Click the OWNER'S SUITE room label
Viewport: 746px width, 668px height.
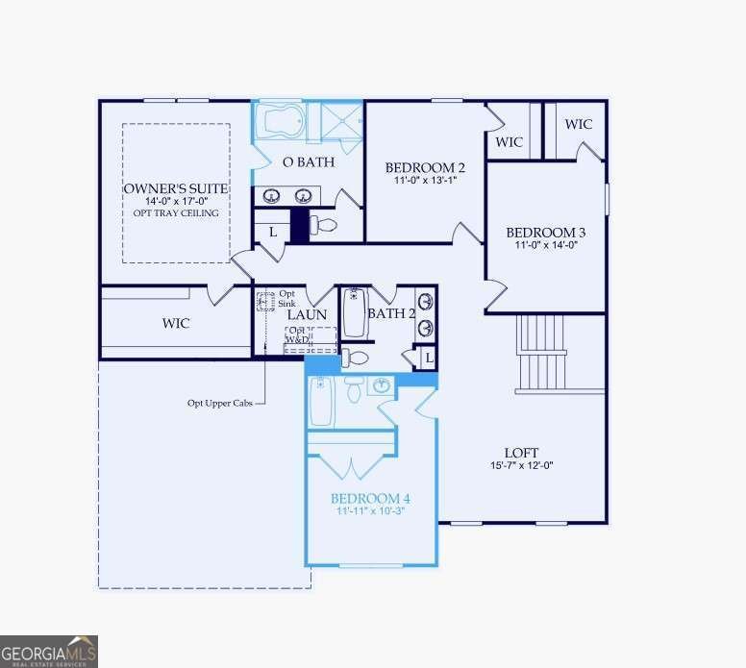click(x=176, y=188)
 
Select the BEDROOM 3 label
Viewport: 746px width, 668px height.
click(x=545, y=233)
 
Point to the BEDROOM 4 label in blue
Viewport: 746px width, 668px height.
click(x=370, y=498)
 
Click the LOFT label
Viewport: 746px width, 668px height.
click(x=521, y=452)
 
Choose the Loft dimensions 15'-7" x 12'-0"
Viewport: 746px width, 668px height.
click(x=521, y=466)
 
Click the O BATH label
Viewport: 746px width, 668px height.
click(x=308, y=161)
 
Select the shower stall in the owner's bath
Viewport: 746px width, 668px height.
click(x=335, y=122)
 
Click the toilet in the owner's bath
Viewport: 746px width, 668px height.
click(x=324, y=225)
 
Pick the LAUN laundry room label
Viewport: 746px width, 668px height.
click(x=307, y=314)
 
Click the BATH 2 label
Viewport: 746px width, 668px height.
click(x=391, y=313)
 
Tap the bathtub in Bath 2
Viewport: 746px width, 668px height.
click(x=355, y=312)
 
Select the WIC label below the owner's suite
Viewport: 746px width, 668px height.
click(x=176, y=324)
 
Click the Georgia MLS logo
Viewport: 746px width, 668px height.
click(x=49, y=651)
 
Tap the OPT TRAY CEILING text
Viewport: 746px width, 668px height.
click(x=176, y=213)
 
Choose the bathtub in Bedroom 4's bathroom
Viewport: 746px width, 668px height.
click(x=322, y=400)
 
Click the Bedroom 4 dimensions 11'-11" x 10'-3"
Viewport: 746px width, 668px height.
click(x=370, y=511)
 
